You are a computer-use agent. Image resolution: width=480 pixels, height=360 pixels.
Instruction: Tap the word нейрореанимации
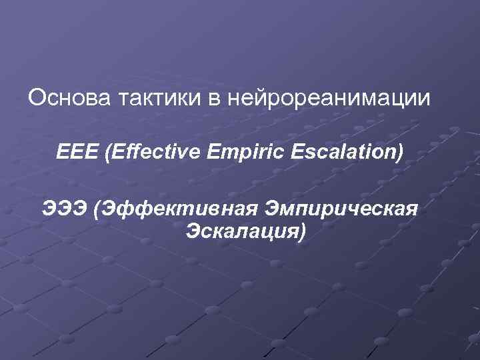pyautogui.click(x=329, y=99)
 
